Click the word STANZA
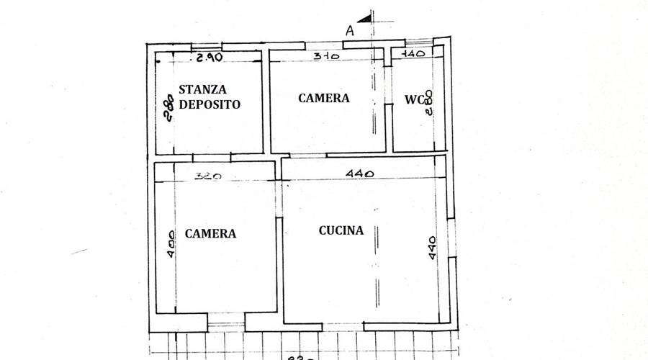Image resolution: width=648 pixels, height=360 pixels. point(202,90)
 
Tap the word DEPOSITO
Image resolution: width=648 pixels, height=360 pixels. point(210,104)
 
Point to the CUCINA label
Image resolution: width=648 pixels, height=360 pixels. point(341,231)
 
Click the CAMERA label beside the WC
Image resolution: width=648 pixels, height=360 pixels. point(324,99)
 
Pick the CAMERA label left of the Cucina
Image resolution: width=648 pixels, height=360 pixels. point(210,233)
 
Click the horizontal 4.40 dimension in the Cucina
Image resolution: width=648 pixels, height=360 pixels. point(359,174)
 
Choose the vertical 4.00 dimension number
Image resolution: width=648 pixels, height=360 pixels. point(170,243)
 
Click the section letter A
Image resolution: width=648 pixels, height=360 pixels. point(349,30)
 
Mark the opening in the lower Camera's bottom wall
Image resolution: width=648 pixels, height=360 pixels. point(226,322)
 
